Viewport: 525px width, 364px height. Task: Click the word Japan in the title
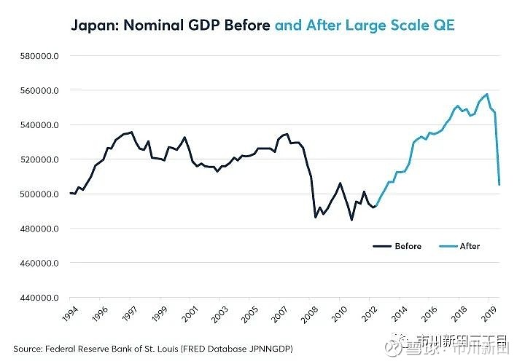pyautogui.click(x=91, y=27)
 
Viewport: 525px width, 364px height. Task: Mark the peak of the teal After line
pyautogui.click(x=487, y=95)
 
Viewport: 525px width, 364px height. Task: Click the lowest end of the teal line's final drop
pyautogui.click(x=499, y=185)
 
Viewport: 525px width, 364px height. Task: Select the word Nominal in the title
pyautogui.click(x=156, y=27)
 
